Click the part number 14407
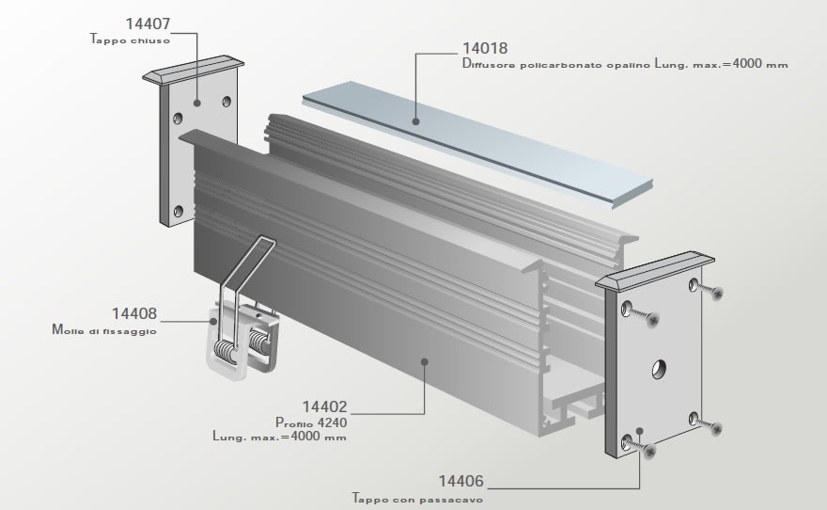click(148, 23)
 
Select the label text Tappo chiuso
click(130, 40)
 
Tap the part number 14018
click(485, 48)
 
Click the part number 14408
click(133, 313)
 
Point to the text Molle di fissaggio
click(103, 331)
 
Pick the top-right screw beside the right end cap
click(719, 294)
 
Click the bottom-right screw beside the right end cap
click(718, 429)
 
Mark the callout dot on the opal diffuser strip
click(414, 120)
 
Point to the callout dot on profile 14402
click(425, 359)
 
